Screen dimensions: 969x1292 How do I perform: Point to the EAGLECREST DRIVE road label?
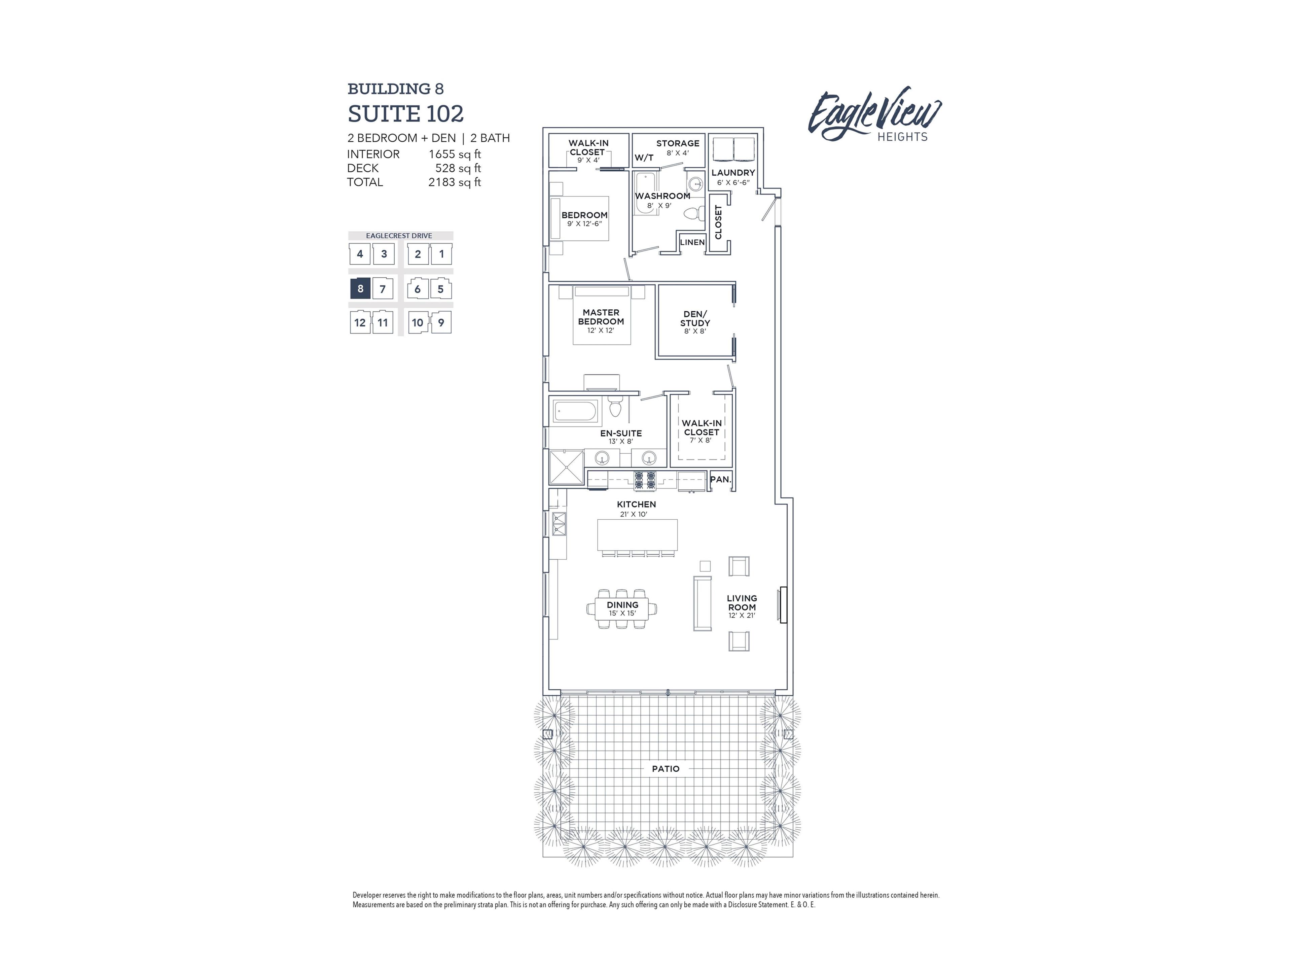(x=399, y=236)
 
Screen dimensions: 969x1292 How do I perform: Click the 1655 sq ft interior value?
(x=455, y=154)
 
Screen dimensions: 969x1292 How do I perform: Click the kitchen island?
(x=637, y=535)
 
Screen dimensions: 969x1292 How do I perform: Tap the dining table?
(x=622, y=609)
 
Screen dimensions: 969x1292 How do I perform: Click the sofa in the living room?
(x=702, y=603)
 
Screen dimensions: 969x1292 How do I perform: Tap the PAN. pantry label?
(x=720, y=479)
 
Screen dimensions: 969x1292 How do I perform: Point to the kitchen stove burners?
(x=645, y=480)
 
